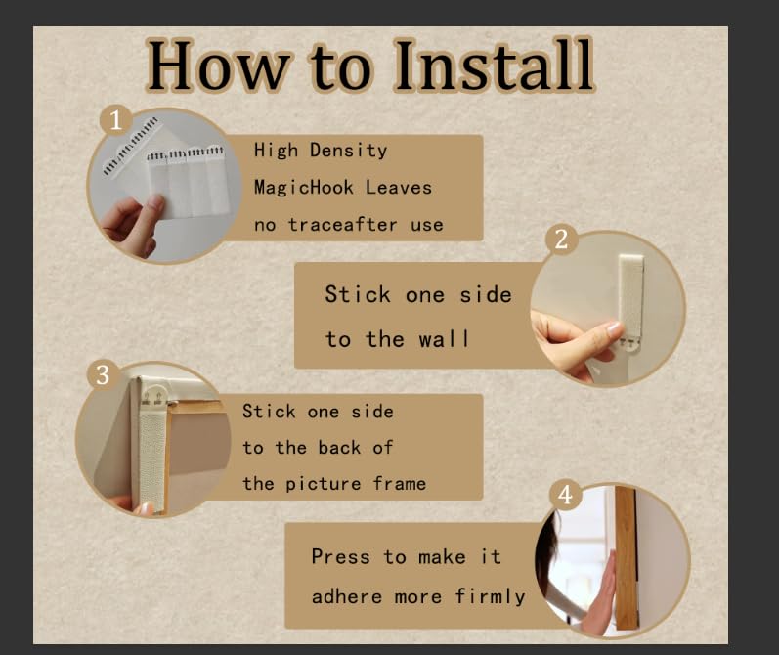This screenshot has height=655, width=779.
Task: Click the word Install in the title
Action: [494, 65]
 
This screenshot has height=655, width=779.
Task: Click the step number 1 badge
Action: [115, 120]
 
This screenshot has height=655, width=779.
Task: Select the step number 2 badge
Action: [561, 240]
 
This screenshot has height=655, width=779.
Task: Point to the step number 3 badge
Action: [103, 375]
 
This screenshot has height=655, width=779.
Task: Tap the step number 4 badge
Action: [565, 495]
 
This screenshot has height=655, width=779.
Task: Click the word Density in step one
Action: [348, 151]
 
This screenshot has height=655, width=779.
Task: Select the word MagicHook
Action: [304, 188]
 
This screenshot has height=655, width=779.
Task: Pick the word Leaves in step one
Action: [399, 188]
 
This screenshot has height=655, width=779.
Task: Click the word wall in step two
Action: [443, 339]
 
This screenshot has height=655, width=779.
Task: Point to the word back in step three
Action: [339, 448]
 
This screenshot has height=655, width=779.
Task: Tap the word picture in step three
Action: [323, 484]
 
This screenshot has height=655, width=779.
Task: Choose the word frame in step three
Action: [400, 483]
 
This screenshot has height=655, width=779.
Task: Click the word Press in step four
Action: [341, 556]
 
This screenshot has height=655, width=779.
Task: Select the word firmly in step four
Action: [490, 596]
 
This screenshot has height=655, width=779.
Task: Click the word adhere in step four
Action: [347, 596]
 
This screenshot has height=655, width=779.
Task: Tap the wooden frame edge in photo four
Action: [626, 556]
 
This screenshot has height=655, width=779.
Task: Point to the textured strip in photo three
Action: [152, 458]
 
